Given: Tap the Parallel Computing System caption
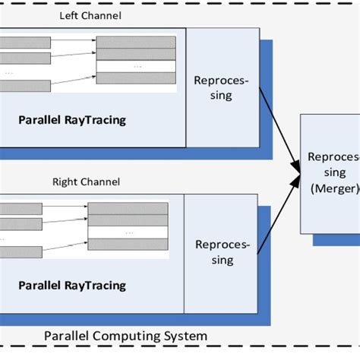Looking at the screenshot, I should point(125,335).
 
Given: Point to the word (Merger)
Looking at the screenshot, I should point(330,188).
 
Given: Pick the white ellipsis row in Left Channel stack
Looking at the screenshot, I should point(137,66).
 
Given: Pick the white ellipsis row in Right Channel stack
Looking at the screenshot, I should point(127,232).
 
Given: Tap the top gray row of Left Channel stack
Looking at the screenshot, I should point(137,40).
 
